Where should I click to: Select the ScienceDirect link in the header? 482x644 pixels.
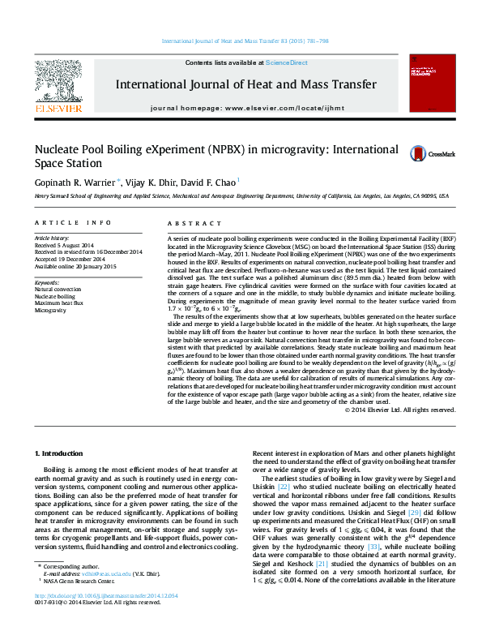287,62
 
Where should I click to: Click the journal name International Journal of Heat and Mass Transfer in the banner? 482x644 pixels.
245,84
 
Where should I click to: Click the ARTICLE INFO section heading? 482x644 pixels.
72,222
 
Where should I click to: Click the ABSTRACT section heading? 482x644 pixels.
188,222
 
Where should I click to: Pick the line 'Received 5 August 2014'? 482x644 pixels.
64,245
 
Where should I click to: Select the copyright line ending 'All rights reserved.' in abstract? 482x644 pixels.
400,410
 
